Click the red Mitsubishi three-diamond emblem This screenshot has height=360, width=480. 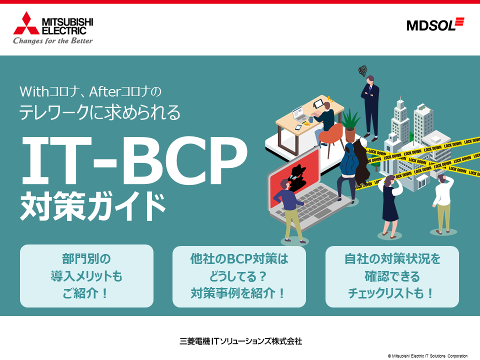tap(26, 23)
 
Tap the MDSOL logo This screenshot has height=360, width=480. tap(435, 24)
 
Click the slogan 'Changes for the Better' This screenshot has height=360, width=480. tap(52, 40)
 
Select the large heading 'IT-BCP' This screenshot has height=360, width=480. tap(134, 160)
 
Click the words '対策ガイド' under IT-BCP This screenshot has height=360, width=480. tap(93, 205)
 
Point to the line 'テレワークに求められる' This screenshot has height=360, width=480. tap(100, 112)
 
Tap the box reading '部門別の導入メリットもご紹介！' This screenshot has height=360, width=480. tap(86, 276)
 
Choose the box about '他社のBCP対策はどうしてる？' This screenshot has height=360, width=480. tap(239, 276)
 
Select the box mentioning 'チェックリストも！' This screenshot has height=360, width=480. tap(392, 276)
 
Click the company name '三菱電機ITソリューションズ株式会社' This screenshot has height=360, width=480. tap(240, 341)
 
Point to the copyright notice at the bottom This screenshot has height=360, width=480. tap(427, 356)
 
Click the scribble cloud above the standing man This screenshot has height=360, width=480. tap(363, 71)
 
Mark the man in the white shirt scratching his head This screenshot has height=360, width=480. tap(442, 204)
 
